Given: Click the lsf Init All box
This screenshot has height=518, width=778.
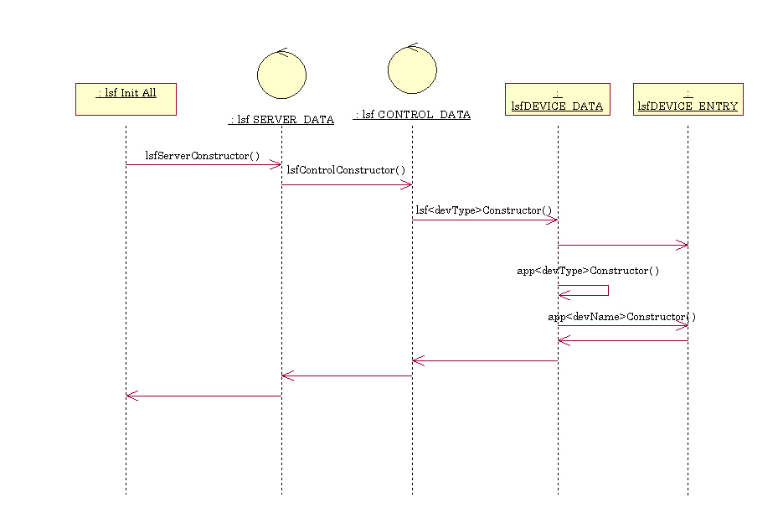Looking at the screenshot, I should [x=126, y=99].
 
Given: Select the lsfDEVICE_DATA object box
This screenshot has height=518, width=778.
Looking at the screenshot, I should [x=557, y=99].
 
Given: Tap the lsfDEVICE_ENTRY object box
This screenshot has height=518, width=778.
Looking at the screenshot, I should [x=688, y=99].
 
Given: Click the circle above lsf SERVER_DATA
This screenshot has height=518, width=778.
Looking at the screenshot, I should [x=281, y=75].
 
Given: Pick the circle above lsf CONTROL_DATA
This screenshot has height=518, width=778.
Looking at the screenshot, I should [x=412, y=69].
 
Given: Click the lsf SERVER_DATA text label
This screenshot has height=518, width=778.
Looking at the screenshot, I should [x=281, y=120].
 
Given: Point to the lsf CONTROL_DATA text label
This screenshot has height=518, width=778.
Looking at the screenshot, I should [x=412, y=115].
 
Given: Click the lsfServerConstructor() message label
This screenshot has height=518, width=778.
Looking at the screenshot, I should [x=203, y=155].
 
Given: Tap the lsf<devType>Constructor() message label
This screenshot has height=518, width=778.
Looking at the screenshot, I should [x=484, y=210].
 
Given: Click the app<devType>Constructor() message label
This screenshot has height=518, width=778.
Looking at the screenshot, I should [x=588, y=271].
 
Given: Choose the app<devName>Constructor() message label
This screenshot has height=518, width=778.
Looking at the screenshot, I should [x=621, y=317].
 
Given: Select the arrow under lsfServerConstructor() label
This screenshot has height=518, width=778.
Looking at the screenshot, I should [x=204, y=164].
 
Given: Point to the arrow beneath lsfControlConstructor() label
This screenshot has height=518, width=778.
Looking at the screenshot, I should [x=347, y=185].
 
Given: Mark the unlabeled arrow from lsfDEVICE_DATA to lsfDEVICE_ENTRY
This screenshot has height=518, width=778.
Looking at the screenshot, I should [x=622, y=245].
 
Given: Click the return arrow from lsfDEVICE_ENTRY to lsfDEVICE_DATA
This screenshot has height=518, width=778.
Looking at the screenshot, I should [x=622, y=340].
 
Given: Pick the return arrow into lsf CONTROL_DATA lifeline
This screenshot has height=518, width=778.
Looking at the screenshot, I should [x=484, y=360].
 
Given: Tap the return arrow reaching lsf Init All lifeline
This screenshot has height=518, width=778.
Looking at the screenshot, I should [x=204, y=396].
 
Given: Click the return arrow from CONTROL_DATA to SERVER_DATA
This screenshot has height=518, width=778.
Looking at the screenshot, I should [x=347, y=376].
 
